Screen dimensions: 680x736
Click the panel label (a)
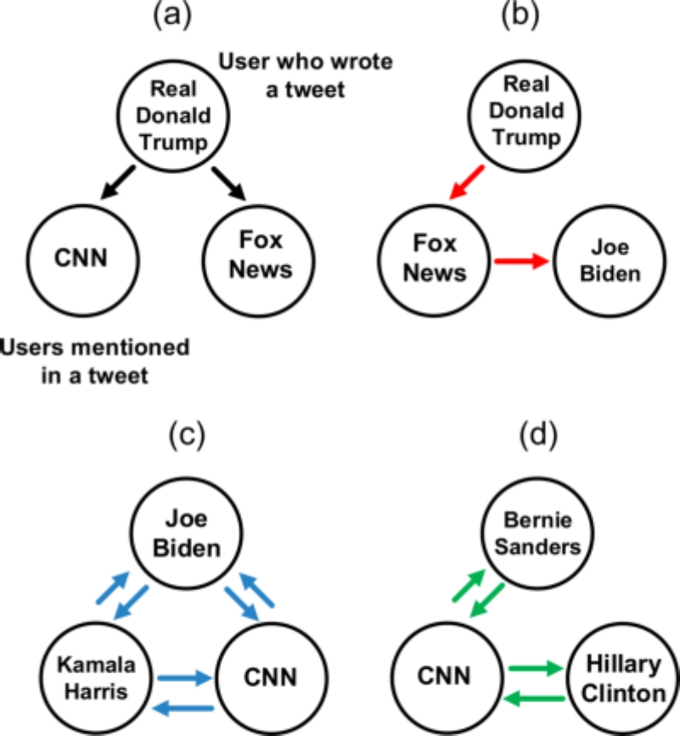[x=172, y=14]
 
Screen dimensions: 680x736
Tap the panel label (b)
[x=520, y=14]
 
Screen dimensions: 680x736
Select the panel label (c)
[x=187, y=435]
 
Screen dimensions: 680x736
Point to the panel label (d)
[x=538, y=435]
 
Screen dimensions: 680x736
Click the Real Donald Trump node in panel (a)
[x=173, y=116]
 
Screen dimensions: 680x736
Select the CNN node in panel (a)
[x=82, y=260]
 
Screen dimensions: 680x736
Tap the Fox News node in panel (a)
[x=259, y=261]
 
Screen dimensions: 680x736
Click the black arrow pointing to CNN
[x=118, y=182]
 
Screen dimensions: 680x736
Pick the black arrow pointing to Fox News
[x=229, y=183]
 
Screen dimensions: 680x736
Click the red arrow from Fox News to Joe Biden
[x=521, y=261]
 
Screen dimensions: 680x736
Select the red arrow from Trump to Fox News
[x=467, y=182]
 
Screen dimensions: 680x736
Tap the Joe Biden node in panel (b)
[x=610, y=261]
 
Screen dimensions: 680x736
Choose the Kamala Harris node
[x=96, y=677]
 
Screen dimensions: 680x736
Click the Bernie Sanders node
[x=537, y=533]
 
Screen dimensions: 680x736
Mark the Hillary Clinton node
[x=623, y=678]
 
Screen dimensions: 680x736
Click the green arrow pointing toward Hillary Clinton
[x=537, y=668]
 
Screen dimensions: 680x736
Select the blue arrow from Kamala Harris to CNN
[x=185, y=677]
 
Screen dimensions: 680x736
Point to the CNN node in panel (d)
[x=447, y=677]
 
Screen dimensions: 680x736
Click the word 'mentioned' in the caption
[x=126, y=348]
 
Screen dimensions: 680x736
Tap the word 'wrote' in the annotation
[x=362, y=62]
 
